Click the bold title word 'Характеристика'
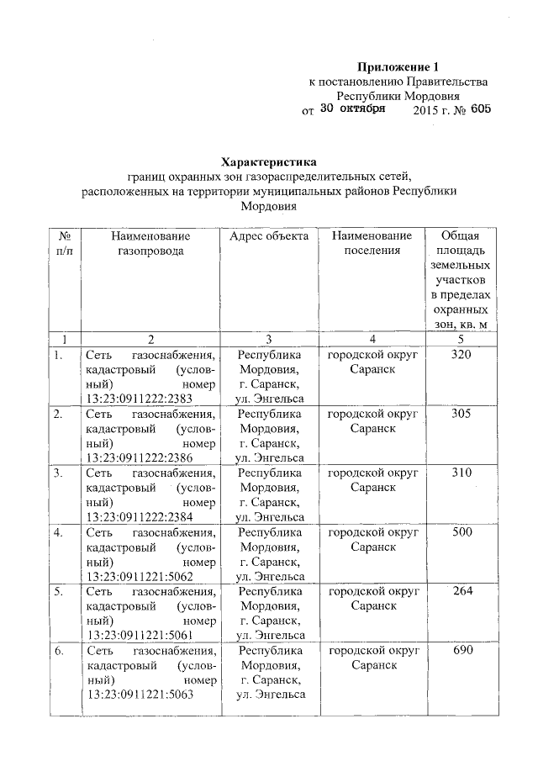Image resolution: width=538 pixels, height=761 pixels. coord(269,161)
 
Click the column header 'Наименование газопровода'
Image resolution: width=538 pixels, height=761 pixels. coord(150,243)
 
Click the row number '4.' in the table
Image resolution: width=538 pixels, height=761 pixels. coord(59,533)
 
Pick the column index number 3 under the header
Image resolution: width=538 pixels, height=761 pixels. coord(269,339)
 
